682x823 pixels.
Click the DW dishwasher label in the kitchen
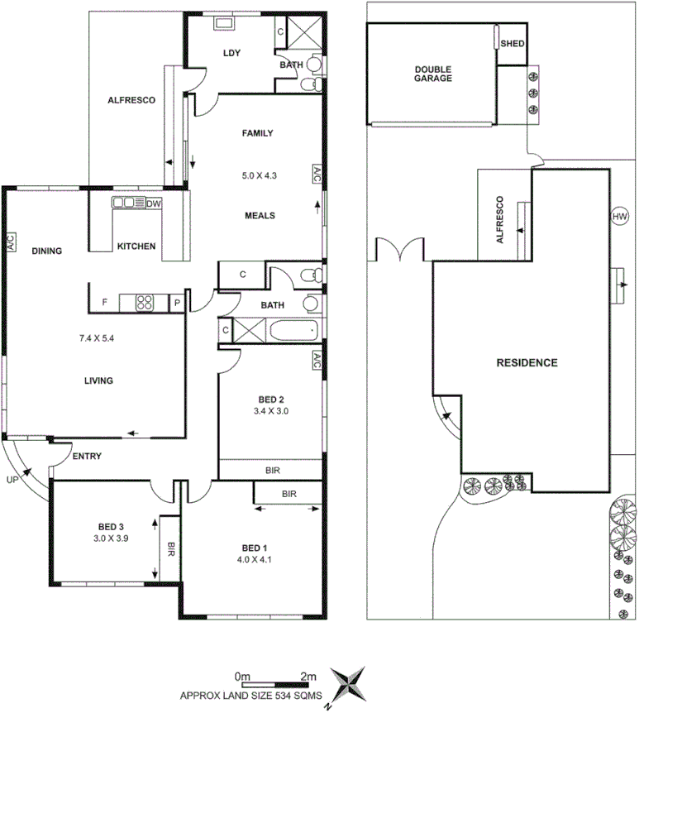pos(153,203)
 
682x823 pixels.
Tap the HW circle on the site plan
pos(620,217)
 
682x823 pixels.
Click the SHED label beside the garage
pos(513,45)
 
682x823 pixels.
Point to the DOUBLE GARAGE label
pos(433,74)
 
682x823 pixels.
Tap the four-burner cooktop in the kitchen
pos(144,303)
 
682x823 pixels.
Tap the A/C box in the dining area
pos(10,242)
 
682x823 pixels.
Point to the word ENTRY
pos(88,457)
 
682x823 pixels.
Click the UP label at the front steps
pos(12,479)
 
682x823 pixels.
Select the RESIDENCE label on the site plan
pos(527,362)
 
